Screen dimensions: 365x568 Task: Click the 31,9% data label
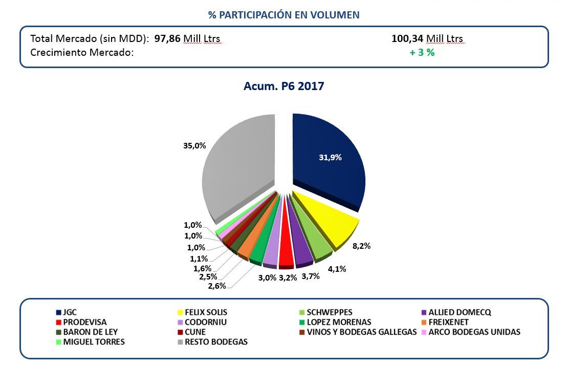tap(330, 158)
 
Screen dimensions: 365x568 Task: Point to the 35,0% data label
tap(194, 145)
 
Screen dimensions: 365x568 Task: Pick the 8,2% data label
tap(361, 246)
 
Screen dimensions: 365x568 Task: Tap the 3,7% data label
tap(311, 276)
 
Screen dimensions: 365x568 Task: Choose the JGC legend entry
tap(70, 312)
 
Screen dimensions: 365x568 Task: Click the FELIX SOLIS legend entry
tap(206, 312)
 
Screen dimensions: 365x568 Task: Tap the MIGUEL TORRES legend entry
tap(94, 341)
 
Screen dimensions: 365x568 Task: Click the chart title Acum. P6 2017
tap(283, 86)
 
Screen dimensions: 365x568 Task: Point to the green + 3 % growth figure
tap(422, 52)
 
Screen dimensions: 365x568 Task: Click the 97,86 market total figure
tap(167, 39)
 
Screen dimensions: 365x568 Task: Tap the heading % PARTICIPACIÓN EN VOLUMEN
tap(283, 15)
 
